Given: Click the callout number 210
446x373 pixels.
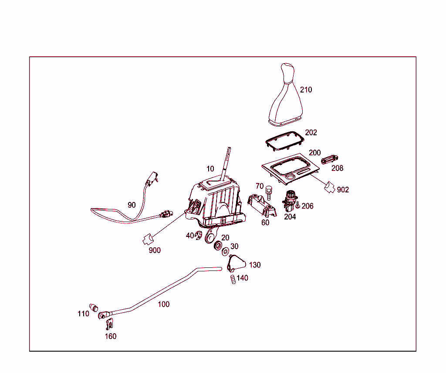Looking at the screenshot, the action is [306, 90].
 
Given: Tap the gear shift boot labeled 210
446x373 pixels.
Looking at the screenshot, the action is [286, 97].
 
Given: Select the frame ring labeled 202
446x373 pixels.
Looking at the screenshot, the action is [284, 141].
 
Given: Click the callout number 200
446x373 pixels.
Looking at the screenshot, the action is [314, 153].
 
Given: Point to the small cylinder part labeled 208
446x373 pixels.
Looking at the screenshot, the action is [329, 160].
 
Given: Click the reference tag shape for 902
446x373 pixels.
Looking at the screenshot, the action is [330, 187].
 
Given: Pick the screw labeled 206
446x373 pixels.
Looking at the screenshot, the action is [298, 205].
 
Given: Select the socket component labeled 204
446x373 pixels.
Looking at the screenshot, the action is [290, 201].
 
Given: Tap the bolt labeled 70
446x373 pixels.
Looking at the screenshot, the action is [268, 193].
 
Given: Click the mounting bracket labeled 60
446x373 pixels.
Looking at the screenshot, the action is [262, 205].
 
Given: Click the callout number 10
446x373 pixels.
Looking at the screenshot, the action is [210, 169].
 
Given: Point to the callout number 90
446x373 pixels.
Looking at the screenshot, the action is [132, 205].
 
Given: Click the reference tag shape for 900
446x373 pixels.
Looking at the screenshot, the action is [148, 240].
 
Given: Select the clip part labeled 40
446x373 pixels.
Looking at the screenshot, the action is [198, 236].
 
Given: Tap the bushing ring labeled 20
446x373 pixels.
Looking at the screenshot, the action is [218, 245].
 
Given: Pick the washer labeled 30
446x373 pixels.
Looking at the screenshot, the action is [225, 251].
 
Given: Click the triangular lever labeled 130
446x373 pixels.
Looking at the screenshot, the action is [236, 263].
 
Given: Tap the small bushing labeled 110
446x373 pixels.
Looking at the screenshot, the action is [94, 308].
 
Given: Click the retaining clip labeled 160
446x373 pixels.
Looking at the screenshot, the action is [109, 324].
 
